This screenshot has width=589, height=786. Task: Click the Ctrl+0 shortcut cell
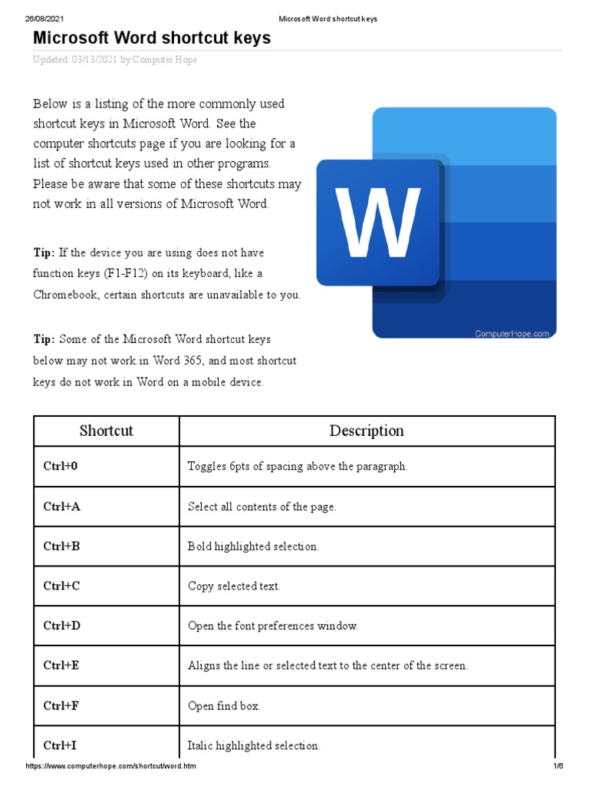pos(61,467)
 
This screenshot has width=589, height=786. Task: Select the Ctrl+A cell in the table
pos(62,507)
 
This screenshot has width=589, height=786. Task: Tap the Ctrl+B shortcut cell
pos(61,547)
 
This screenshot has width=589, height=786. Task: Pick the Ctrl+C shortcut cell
pos(61,586)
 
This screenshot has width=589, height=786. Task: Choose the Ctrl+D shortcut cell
pos(62,626)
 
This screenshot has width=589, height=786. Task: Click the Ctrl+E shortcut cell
pos(61,666)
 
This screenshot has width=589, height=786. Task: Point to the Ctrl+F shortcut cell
pos(61,706)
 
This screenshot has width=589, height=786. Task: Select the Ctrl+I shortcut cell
pos(61,745)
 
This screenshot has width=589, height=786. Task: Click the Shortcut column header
pos(107,431)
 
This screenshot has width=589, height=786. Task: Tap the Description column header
pos(367,431)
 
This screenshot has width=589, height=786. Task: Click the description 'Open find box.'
pos(224,706)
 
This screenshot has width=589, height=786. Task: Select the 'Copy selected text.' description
pos(234,586)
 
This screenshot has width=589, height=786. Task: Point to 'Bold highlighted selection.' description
pos(253,547)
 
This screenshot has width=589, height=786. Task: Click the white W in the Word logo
pos(378,223)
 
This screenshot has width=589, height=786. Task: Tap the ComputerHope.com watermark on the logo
pos(512,334)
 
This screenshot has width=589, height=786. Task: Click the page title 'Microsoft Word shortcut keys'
pos(152,38)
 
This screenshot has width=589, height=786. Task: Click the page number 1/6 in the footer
pos(558,767)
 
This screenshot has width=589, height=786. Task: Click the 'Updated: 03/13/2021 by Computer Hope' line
pos(115,60)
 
